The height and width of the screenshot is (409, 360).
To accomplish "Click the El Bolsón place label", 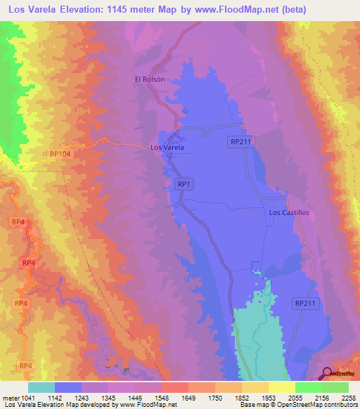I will (150, 79).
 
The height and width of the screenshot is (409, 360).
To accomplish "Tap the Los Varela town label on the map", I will (167, 148).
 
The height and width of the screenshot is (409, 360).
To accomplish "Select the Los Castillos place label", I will (289, 212).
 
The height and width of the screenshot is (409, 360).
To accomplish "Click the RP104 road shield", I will (61, 153).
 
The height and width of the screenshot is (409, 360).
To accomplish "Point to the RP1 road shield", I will (184, 183).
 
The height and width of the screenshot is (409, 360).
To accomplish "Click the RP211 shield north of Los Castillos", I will (240, 142).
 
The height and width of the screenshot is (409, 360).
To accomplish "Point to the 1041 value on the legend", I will (27, 398).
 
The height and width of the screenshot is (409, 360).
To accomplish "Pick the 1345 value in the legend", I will (110, 398).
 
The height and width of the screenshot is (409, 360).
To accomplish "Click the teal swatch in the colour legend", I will (41, 387).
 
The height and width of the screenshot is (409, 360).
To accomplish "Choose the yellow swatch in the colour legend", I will (281, 387).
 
